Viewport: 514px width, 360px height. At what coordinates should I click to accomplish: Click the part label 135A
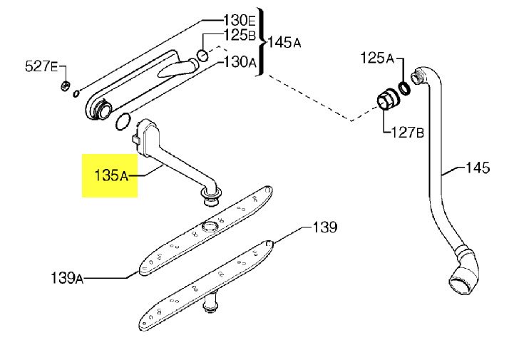tap(110, 175)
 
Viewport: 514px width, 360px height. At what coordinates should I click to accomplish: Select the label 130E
tap(239, 21)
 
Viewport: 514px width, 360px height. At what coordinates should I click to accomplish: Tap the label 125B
tap(240, 35)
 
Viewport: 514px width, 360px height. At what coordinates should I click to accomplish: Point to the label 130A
tap(240, 61)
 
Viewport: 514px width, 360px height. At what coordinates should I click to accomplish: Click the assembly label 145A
tap(284, 42)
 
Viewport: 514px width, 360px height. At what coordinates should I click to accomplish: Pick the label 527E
tap(41, 66)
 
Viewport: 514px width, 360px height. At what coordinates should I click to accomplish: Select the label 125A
tap(377, 58)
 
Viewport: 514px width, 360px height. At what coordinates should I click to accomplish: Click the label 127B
tap(408, 133)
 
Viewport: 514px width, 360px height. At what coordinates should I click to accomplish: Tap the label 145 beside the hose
tap(478, 168)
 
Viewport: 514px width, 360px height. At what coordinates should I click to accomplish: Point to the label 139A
tap(67, 278)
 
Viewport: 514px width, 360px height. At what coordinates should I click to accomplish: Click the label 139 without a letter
tap(325, 227)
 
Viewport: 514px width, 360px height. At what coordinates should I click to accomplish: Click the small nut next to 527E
tap(66, 86)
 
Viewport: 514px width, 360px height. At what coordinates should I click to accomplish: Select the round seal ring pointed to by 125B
tap(202, 55)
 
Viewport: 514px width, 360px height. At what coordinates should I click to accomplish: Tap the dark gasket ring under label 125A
tap(404, 88)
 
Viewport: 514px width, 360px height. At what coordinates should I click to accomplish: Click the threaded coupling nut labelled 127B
tap(388, 99)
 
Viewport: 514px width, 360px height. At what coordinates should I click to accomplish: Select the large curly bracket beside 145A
tap(261, 42)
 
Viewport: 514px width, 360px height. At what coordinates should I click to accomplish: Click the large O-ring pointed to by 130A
tap(123, 121)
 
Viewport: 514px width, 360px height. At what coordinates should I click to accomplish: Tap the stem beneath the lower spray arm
tap(210, 303)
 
